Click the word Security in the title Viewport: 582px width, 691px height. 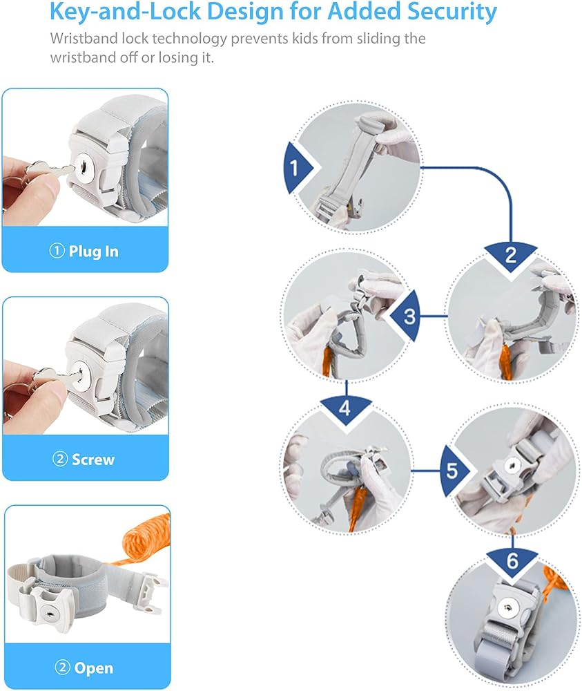click(x=452, y=12)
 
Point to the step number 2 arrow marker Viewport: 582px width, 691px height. click(x=511, y=257)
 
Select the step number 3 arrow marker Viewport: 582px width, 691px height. click(x=406, y=316)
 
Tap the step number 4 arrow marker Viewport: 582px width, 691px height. click(x=346, y=408)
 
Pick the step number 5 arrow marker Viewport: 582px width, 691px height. click(x=455, y=471)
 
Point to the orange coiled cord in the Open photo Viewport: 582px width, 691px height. click(x=142, y=540)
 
